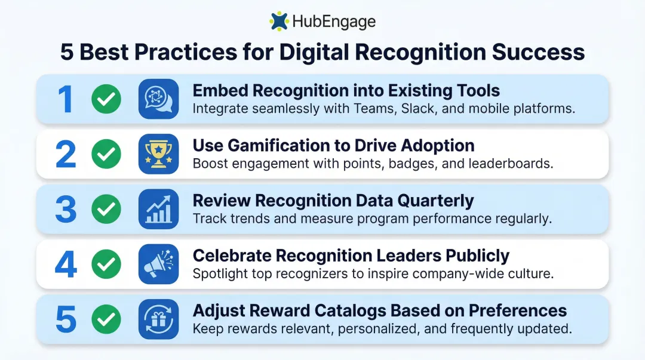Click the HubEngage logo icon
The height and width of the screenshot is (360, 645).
coord(279,21)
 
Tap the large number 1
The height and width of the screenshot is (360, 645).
coord(66,99)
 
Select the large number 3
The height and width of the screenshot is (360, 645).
coord(66,209)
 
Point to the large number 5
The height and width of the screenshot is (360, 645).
coord(66,319)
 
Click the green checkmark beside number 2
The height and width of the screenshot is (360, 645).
coord(106,154)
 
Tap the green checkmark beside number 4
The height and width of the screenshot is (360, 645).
coord(106,264)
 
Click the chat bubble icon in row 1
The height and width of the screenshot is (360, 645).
coord(158,99)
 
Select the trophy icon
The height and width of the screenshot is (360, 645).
coord(158,154)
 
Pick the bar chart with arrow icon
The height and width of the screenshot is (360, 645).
coord(158,209)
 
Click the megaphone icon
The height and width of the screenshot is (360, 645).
coord(158,264)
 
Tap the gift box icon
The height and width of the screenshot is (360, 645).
coord(158,319)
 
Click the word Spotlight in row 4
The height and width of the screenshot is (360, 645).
coord(217,274)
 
